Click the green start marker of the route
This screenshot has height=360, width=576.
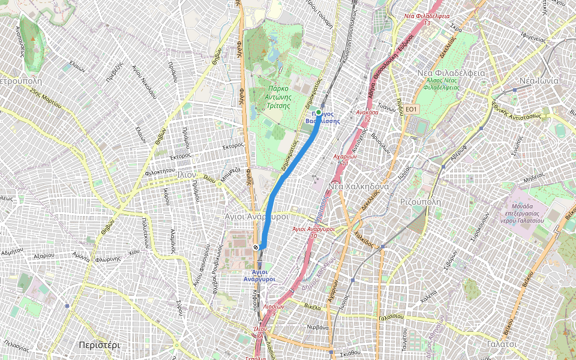pos(319,112)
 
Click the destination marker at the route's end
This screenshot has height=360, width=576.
pos(256,247)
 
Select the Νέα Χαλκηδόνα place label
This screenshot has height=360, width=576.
pos(357,187)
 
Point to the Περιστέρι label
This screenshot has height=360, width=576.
pos(100,345)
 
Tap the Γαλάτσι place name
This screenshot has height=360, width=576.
pos(502,344)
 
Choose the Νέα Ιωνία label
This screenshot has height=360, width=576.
pos(539,80)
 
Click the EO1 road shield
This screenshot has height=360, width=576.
pos(410,109)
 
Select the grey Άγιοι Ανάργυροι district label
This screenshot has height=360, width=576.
pos(256,216)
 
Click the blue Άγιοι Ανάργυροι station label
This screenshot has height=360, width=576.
pos(259,275)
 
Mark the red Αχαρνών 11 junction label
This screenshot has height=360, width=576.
pos(345,159)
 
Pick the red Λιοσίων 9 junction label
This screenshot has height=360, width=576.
pos(273,309)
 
